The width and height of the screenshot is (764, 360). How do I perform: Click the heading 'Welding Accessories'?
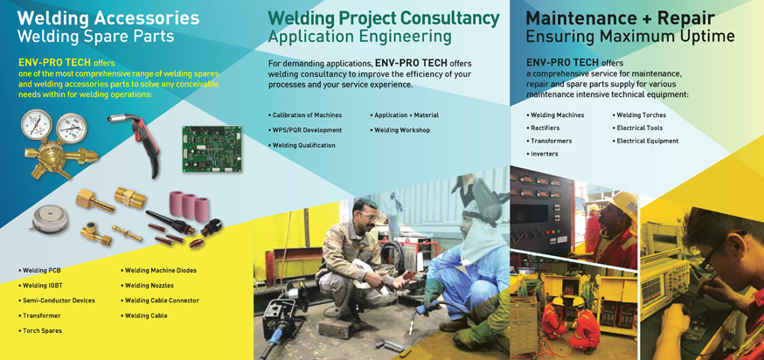108,18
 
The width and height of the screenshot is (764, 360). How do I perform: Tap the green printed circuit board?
212,149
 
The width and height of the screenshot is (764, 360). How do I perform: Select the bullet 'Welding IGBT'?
40,286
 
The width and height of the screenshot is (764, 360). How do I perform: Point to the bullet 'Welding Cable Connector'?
160,301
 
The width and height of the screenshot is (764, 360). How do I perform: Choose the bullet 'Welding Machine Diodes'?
159,270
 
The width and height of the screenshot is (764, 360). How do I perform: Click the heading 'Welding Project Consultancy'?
384,18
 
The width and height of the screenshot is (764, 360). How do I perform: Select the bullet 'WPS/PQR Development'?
305,130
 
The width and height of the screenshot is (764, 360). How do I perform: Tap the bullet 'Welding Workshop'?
400,130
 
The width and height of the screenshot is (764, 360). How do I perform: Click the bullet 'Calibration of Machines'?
305,115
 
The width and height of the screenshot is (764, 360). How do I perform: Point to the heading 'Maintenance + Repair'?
621,18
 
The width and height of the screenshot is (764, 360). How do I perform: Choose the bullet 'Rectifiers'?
543,128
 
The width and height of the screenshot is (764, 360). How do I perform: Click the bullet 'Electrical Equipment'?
646,142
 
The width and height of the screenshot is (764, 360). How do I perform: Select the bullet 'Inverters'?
543,154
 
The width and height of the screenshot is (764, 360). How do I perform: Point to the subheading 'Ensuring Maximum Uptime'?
630,36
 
